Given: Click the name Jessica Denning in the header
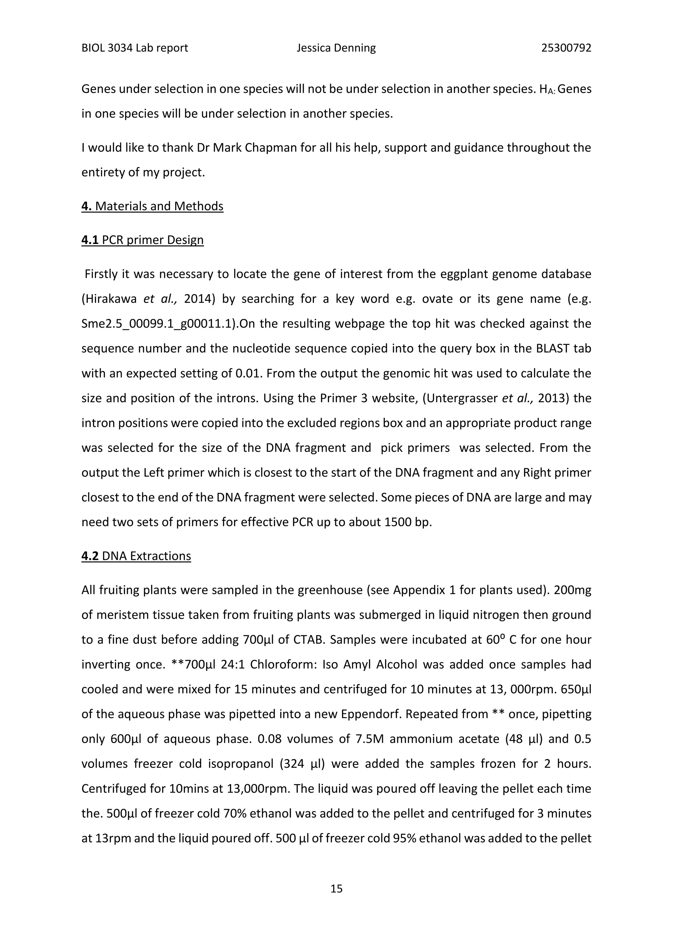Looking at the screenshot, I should tap(336, 48).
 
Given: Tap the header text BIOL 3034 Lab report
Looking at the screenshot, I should tap(135, 48).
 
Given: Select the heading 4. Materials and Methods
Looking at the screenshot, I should tap(152, 206).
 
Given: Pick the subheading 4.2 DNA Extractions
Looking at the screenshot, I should tap(136, 556).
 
